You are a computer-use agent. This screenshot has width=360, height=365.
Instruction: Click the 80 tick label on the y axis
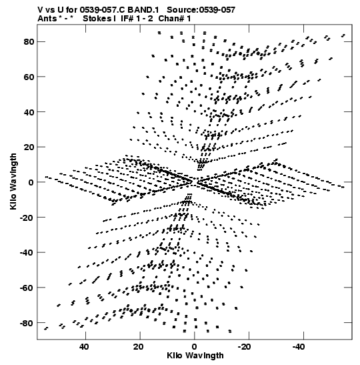(x=29, y=42)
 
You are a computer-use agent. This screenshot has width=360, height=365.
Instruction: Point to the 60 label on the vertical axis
(x=29, y=77)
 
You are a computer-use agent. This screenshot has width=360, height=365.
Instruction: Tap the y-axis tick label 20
(x=29, y=147)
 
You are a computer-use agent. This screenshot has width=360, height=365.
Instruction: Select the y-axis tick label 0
(x=31, y=183)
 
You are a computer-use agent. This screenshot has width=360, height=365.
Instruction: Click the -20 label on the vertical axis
(x=27, y=218)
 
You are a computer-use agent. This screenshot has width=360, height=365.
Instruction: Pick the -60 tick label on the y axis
(x=27, y=288)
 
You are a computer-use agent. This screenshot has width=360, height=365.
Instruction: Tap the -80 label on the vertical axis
(x=27, y=324)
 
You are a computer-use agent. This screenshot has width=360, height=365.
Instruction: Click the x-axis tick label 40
(x=84, y=347)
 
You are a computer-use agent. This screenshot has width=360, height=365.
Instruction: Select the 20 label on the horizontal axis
(x=139, y=347)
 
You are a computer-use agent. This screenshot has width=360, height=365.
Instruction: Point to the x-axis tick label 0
(x=194, y=347)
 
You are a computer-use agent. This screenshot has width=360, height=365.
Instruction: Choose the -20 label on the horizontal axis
(x=245, y=347)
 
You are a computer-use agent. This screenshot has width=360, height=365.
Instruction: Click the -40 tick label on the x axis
(x=299, y=347)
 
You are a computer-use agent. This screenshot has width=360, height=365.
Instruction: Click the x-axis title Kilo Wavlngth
(x=195, y=356)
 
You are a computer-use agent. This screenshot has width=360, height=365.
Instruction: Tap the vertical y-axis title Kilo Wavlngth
(x=13, y=181)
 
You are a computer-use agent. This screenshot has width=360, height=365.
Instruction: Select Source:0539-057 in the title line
(x=201, y=10)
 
